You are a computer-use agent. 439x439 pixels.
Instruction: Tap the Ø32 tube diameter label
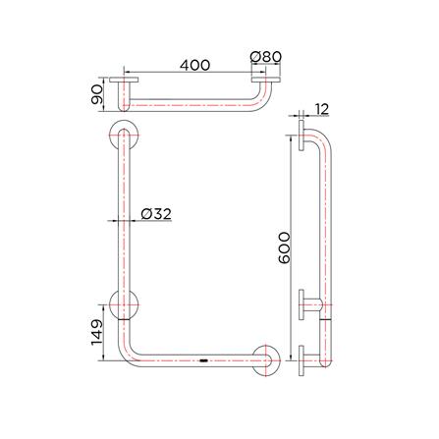(x=156, y=213)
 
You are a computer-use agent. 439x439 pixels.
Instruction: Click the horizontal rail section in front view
(x=196, y=360)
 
